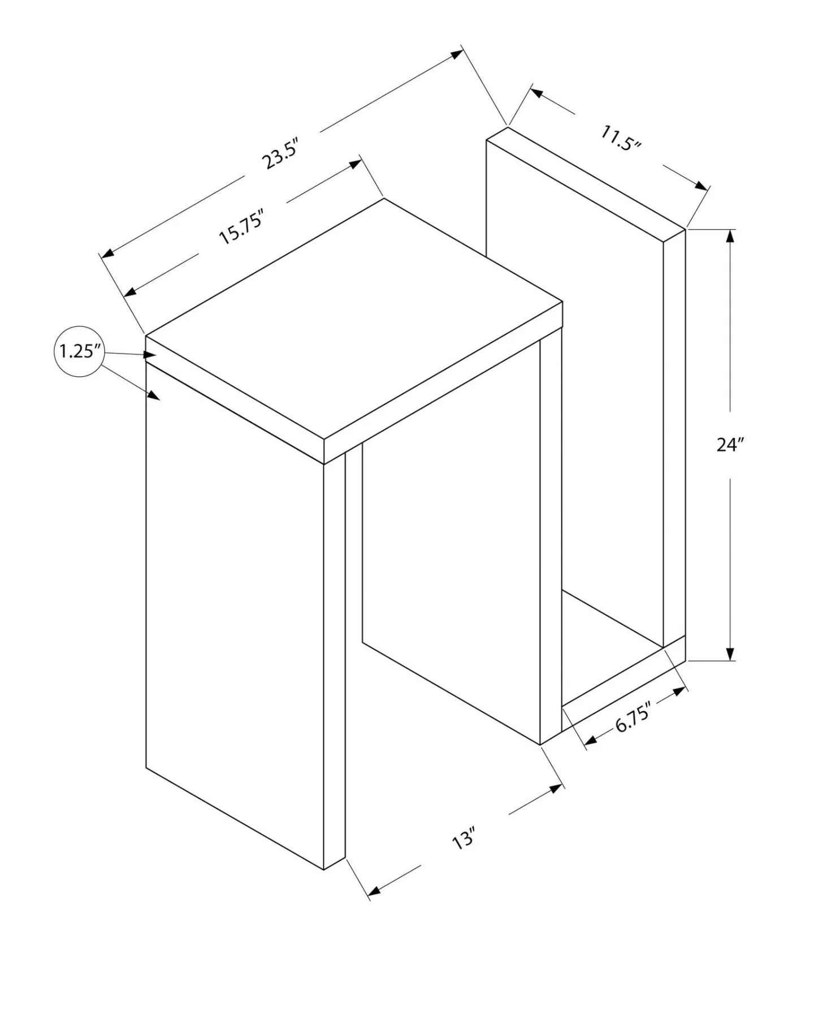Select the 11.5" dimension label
coord(621,138)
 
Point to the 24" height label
coord(729,445)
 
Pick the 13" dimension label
coord(464,838)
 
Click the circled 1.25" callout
coord(80,351)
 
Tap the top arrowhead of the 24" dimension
coord(730,237)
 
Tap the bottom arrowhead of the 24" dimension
coord(730,653)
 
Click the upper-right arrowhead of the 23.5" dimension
coord(457,54)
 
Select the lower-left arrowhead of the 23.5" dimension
coord(107,253)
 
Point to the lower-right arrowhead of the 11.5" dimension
coord(702,186)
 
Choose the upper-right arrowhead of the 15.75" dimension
coord(355,164)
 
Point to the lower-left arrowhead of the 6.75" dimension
coord(591,740)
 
